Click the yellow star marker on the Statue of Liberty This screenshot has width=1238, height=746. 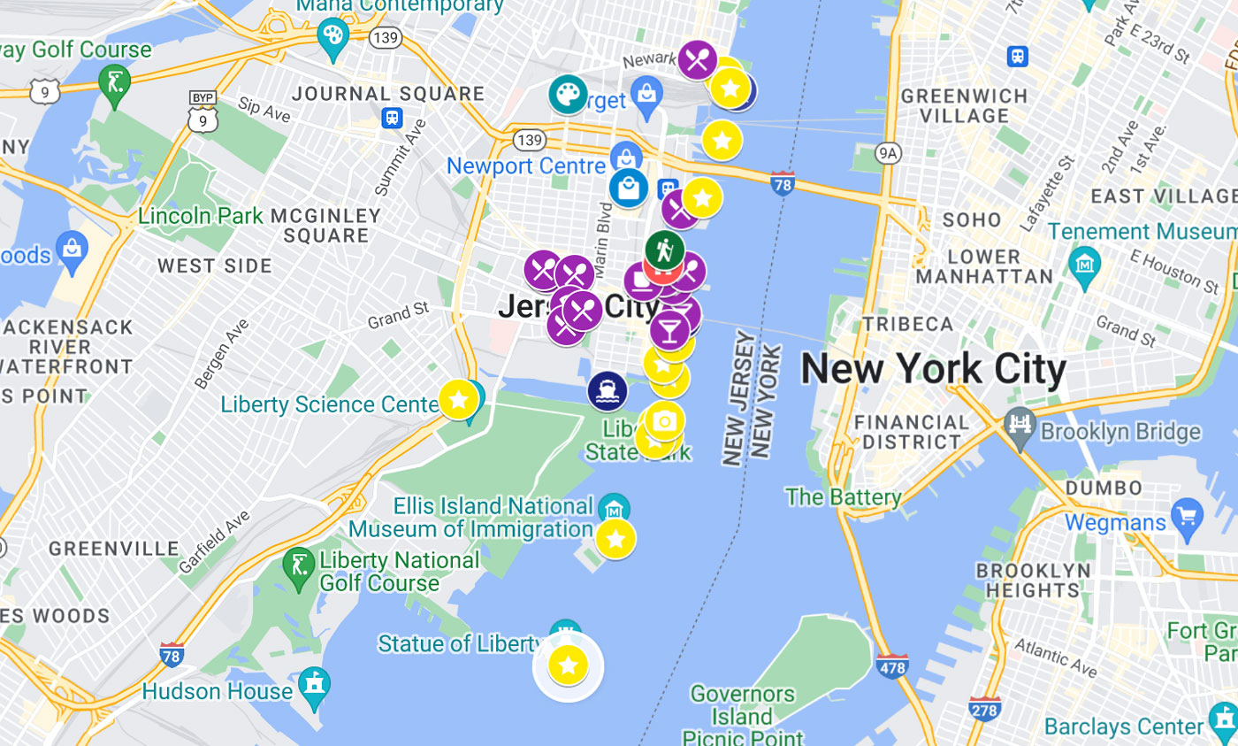tap(568, 665)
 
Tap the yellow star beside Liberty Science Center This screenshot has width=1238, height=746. tap(458, 400)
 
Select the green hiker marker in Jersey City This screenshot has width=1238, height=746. tap(664, 250)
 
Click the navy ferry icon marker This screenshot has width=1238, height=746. tap(608, 390)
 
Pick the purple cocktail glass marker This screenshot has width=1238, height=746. tap(669, 329)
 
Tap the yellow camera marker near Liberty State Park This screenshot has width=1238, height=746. tap(664, 421)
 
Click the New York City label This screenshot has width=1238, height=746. tap(933, 370)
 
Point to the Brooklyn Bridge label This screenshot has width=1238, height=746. tap(1120, 433)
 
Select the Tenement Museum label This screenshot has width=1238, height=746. tap(1142, 232)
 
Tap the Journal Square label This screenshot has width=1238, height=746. tap(388, 94)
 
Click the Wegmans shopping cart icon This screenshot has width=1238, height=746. tap(1186, 512)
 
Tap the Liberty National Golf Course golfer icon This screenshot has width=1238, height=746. tap(297, 564)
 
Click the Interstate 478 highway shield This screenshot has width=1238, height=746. tap(891, 665)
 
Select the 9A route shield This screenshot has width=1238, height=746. tap(888, 154)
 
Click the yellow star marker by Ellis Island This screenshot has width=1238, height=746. tap(615, 538)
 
